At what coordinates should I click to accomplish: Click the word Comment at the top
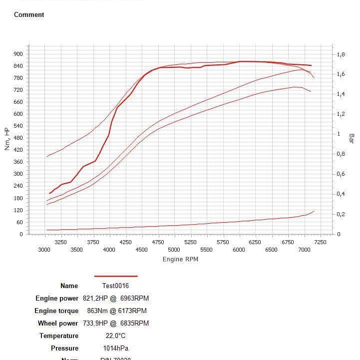[x=29, y=14]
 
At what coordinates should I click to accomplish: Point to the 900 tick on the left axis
[x=18, y=54]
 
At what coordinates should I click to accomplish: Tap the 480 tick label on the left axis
[x=18, y=138]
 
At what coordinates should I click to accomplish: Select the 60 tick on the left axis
[x=19, y=222]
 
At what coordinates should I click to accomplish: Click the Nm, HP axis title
[x=7, y=139]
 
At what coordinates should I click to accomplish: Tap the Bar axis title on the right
[x=352, y=138]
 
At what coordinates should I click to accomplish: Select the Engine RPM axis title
[x=180, y=259]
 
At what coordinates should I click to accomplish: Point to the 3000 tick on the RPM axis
[x=44, y=250]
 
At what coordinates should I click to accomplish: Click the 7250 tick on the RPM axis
[x=320, y=242]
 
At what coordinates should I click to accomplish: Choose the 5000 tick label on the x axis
[x=174, y=250]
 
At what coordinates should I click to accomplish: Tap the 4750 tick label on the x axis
[x=158, y=242]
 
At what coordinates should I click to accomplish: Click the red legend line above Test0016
[x=116, y=276]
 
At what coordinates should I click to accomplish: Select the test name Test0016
[x=115, y=286]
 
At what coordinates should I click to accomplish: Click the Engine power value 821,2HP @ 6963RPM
[x=115, y=299]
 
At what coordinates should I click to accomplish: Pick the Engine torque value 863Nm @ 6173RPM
[x=120, y=311]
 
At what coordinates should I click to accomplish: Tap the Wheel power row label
[x=58, y=323]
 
